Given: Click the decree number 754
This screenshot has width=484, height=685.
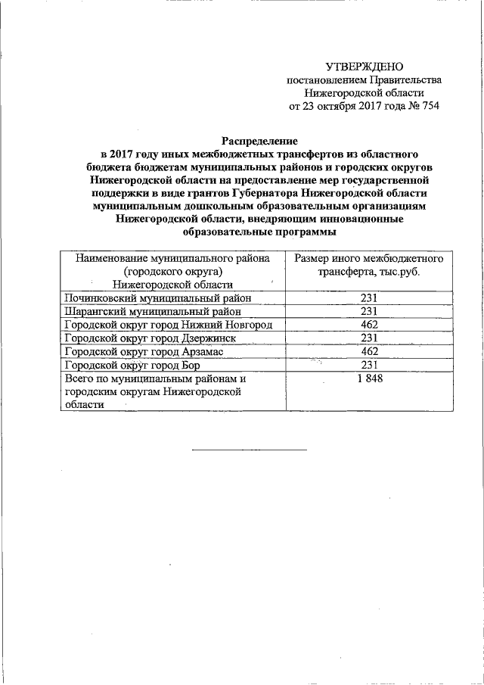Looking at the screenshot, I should point(427,105).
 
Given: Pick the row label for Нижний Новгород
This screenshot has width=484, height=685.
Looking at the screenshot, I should point(164,325).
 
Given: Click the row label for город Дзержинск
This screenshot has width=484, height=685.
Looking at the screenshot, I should point(153,338).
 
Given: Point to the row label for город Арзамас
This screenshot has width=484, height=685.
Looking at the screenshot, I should point(144,352).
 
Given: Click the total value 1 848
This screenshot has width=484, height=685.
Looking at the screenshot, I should point(369,378).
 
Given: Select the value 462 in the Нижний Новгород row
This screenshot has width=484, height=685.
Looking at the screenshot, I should point(369,325).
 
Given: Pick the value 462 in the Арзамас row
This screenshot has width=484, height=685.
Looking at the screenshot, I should point(369,352).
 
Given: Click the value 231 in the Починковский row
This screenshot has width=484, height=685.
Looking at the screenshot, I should point(369,298).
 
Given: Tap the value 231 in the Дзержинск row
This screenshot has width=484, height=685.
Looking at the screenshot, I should point(369,338).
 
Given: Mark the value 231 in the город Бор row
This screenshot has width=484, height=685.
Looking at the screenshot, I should point(369,365).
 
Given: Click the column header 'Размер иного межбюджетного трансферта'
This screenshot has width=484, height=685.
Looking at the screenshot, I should point(368,265).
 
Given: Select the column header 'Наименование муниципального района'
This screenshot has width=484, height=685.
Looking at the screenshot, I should point(172,258).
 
